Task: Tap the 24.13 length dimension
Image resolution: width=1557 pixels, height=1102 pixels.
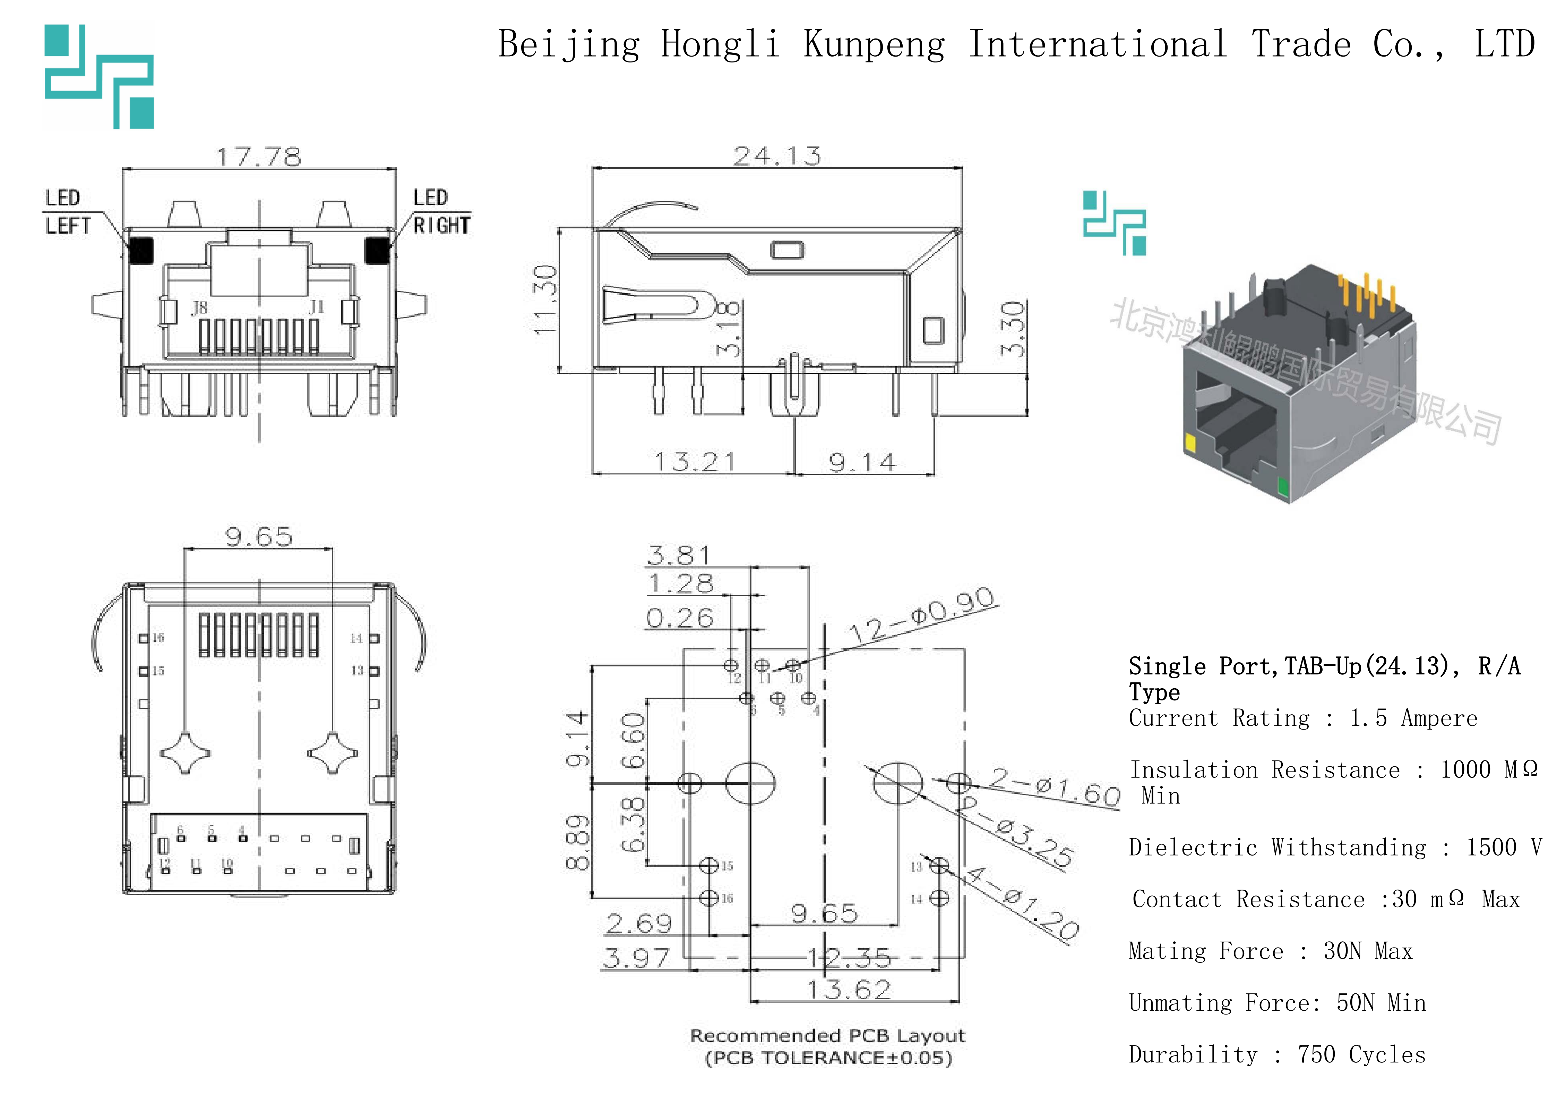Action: [x=777, y=156]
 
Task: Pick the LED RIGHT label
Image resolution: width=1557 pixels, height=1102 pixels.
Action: [x=441, y=212]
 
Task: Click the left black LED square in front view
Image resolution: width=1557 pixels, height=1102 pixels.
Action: [x=140, y=250]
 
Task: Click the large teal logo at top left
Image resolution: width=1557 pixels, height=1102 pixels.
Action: [x=100, y=76]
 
